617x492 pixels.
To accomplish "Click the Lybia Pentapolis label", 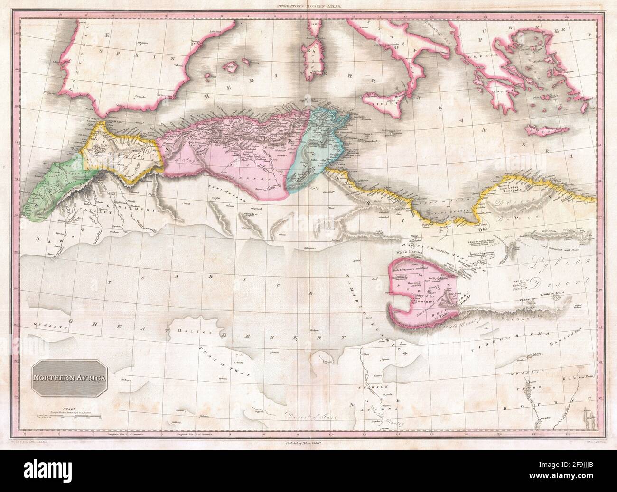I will pyautogui.click(x=521, y=189).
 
